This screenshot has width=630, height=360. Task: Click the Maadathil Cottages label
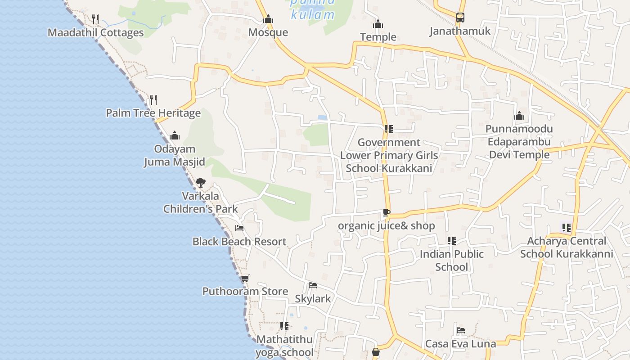[95, 33]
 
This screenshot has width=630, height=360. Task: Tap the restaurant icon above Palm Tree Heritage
[153, 99]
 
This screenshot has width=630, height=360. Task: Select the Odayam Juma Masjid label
[175, 155]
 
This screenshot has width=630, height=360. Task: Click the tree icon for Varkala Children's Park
[201, 183]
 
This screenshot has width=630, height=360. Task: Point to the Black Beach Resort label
[239, 242]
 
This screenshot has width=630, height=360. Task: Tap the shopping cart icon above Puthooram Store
[245, 279]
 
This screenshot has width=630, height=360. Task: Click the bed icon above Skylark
[313, 285]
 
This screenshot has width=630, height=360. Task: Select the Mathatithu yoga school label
[284, 346]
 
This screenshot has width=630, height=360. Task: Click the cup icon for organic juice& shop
[386, 212]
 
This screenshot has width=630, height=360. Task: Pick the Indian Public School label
[452, 261]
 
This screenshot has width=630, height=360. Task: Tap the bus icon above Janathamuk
[460, 18]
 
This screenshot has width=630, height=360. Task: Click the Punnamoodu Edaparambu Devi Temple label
[519, 142]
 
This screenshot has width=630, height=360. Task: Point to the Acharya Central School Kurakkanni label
[567, 247]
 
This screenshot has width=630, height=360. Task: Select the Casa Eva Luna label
[461, 344]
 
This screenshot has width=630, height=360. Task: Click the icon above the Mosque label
[268, 19]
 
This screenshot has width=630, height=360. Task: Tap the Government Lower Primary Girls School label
[389, 155]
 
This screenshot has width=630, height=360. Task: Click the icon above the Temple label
[378, 24]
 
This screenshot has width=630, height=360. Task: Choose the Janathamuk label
[460, 31]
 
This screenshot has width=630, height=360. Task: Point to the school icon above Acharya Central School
[566, 228]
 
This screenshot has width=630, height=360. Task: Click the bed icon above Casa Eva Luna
[461, 330]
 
